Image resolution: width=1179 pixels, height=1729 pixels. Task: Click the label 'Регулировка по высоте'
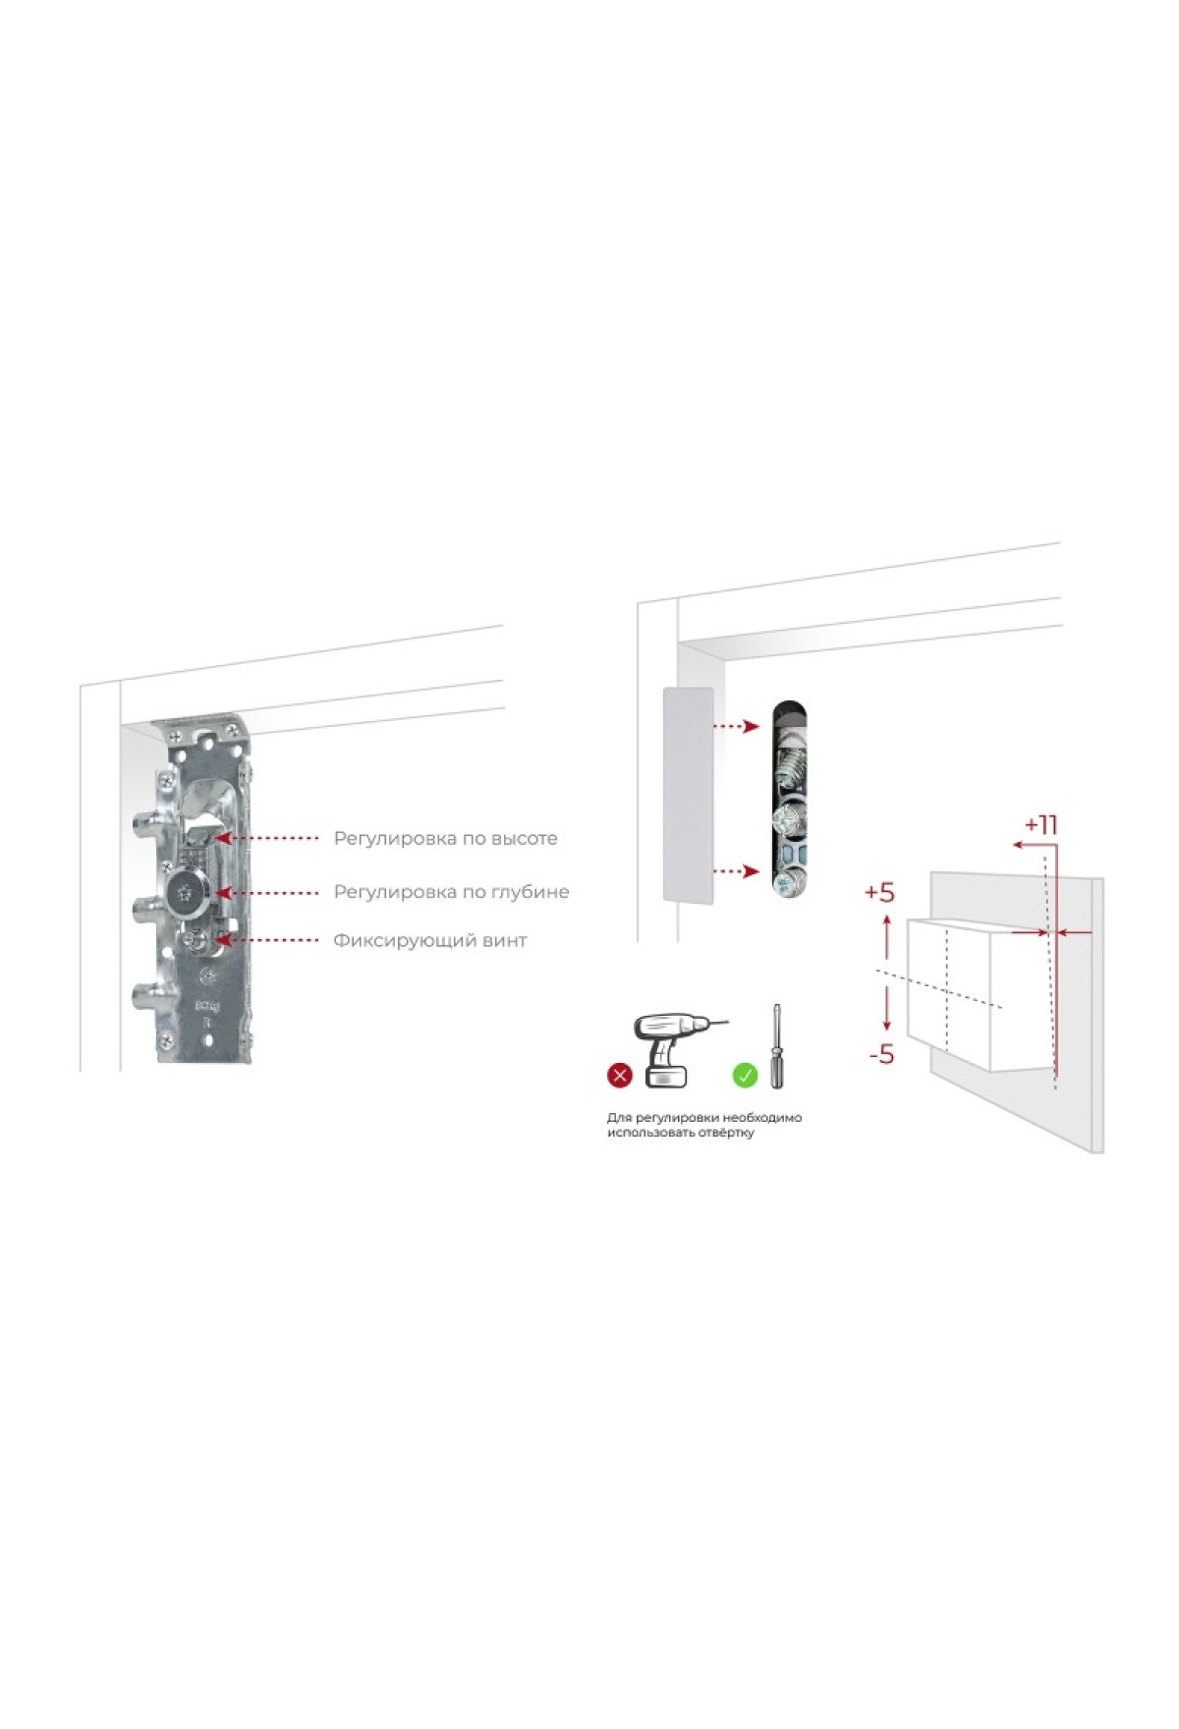point(445,839)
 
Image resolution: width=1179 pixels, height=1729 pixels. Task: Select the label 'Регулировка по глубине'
point(451,892)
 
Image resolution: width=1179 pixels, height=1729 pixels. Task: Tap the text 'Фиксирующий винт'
point(430,941)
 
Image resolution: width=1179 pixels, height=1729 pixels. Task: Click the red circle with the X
point(620,1076)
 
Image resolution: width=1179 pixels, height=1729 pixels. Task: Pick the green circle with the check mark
point(746,1076)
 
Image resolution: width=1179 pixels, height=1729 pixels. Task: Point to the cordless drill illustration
point(678,1049)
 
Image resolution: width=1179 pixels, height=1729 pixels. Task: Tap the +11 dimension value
point(1040,824)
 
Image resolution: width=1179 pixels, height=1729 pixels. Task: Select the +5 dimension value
point(879,892)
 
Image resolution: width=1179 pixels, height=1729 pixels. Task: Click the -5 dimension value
point(881,1054)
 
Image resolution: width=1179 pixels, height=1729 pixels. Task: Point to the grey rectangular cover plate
point(688,795)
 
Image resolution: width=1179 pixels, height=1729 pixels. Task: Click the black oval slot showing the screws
point(790,799)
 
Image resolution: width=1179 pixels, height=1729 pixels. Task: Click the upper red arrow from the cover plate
point(736,727)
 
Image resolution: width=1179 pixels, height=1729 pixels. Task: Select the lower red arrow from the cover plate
point(736,871)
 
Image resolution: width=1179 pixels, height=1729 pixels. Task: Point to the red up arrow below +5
point(887,936)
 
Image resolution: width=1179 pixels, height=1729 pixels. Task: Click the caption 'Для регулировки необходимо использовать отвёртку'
point(704,1125)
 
